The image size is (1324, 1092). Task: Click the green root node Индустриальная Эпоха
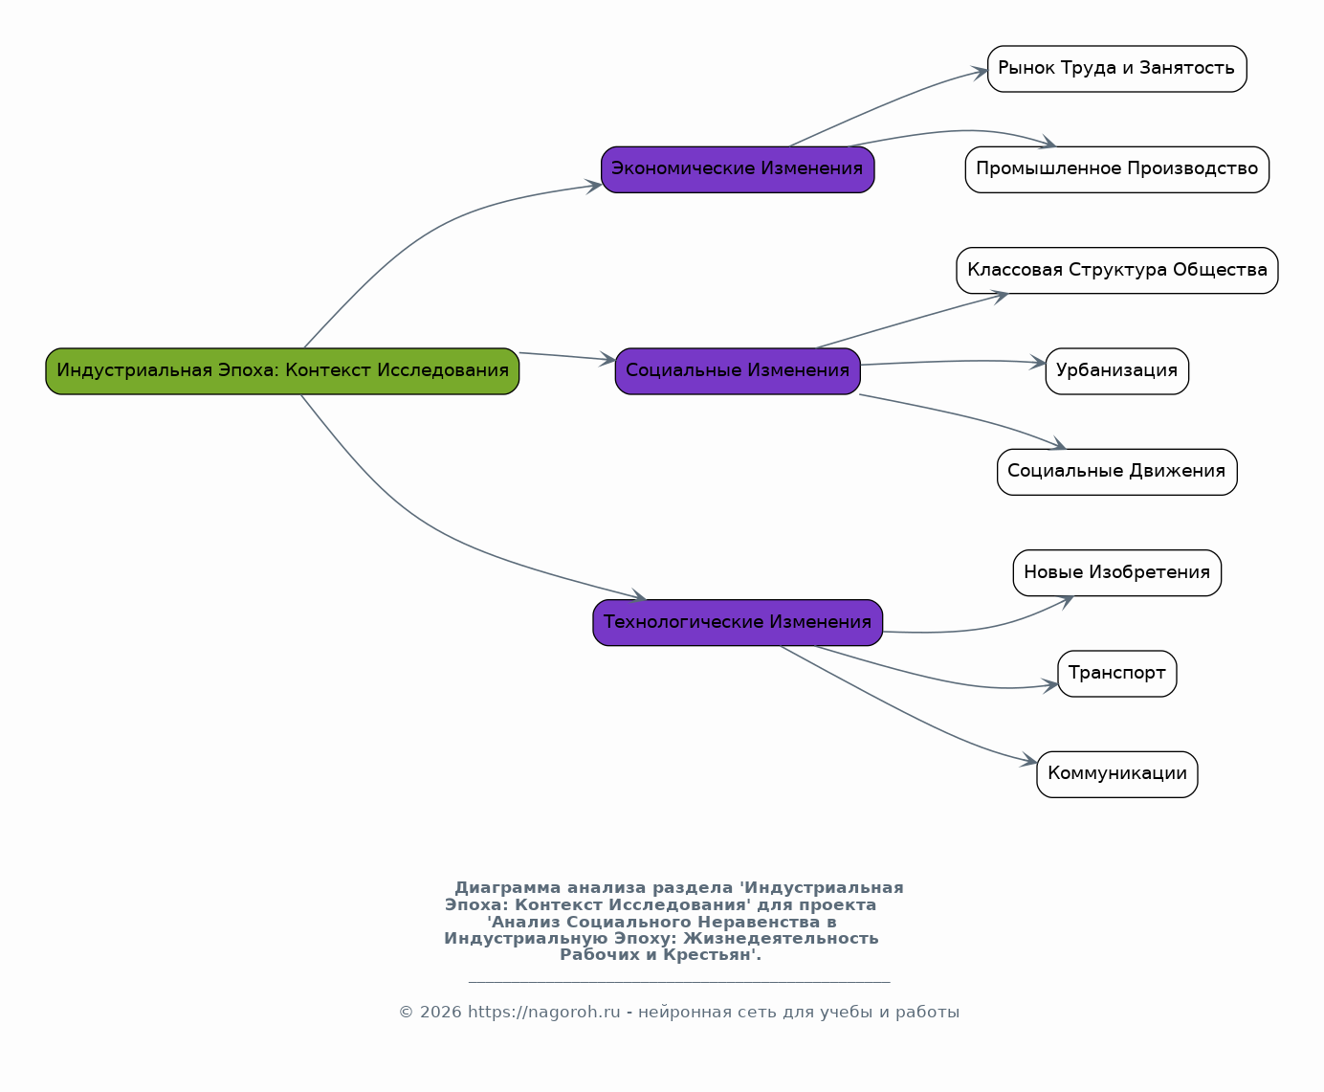[x=282, y=371]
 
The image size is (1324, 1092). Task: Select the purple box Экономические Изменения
[x=738, y=169]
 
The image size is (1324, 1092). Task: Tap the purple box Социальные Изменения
[x=738, y=371]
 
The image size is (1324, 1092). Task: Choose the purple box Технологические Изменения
[x=738, y=622]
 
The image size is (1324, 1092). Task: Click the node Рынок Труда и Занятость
[x=1116, y=69]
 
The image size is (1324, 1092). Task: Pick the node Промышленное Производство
[x=1116, y=169]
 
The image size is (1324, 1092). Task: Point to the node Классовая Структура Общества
[x=1116, y=270]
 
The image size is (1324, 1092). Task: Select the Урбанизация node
[x=1116, y=371]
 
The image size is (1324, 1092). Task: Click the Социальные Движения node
[x=1116, y=472]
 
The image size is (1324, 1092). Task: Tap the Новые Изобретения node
[x=1116, y=573]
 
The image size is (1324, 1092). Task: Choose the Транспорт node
[x=1116, y=674]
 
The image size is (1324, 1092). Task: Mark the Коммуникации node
[x=1116, y=775]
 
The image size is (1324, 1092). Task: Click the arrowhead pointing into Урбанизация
[x=1038, y=363]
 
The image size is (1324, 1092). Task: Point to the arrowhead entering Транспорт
[x=1050, y=685]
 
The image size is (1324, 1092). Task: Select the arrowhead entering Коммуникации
[x=1029, y=761]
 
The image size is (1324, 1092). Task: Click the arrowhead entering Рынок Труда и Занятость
[x=980, y=73]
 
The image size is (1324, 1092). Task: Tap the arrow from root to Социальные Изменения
[x=567, y=357]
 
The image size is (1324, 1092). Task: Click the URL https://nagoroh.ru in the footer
[x=544, y=1012]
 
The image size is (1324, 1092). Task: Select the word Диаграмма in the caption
[x=507, y=888]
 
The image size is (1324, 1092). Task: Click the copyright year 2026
[x=441, y=1012]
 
